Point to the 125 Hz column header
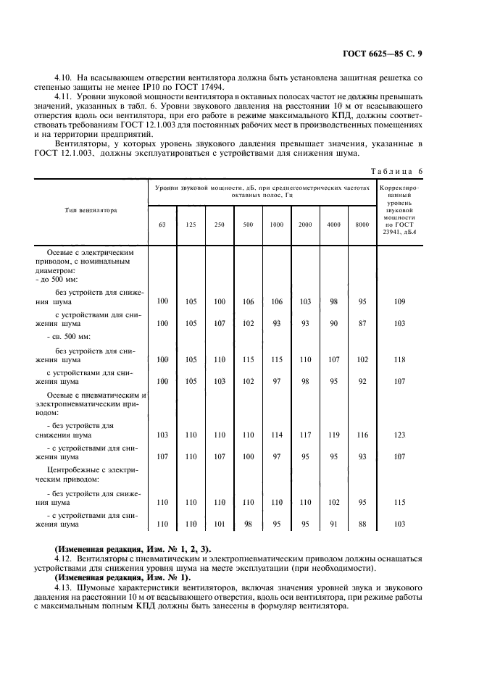[191, 225]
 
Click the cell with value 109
[399, 301]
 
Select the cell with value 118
[399, 359]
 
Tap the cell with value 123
[399, 435]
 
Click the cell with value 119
[333, 435]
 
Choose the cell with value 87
[362, 323]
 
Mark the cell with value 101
[219, 524]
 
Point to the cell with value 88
[362, 524]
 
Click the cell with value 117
[305, 435]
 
